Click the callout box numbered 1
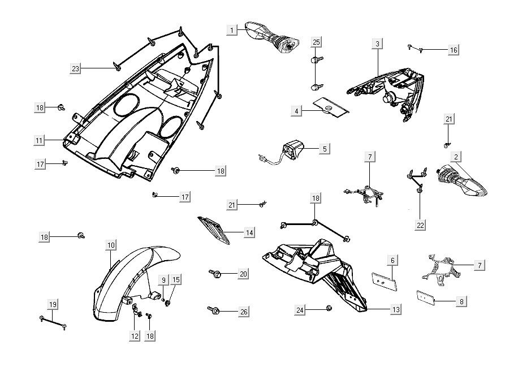tap(231, 30)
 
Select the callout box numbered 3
tap(377, 43)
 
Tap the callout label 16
tap(453, 50)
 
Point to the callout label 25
tap(316, 42)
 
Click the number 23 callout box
tap(76, 68)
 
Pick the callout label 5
tap(325, 149)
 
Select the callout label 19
tap(53, 305)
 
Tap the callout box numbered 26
tap(243, 311)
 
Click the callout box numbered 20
tap(243, 274)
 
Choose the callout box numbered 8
tap(461, 301)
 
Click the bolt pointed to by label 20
tap(216, 274)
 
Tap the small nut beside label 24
tap(329, 308)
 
